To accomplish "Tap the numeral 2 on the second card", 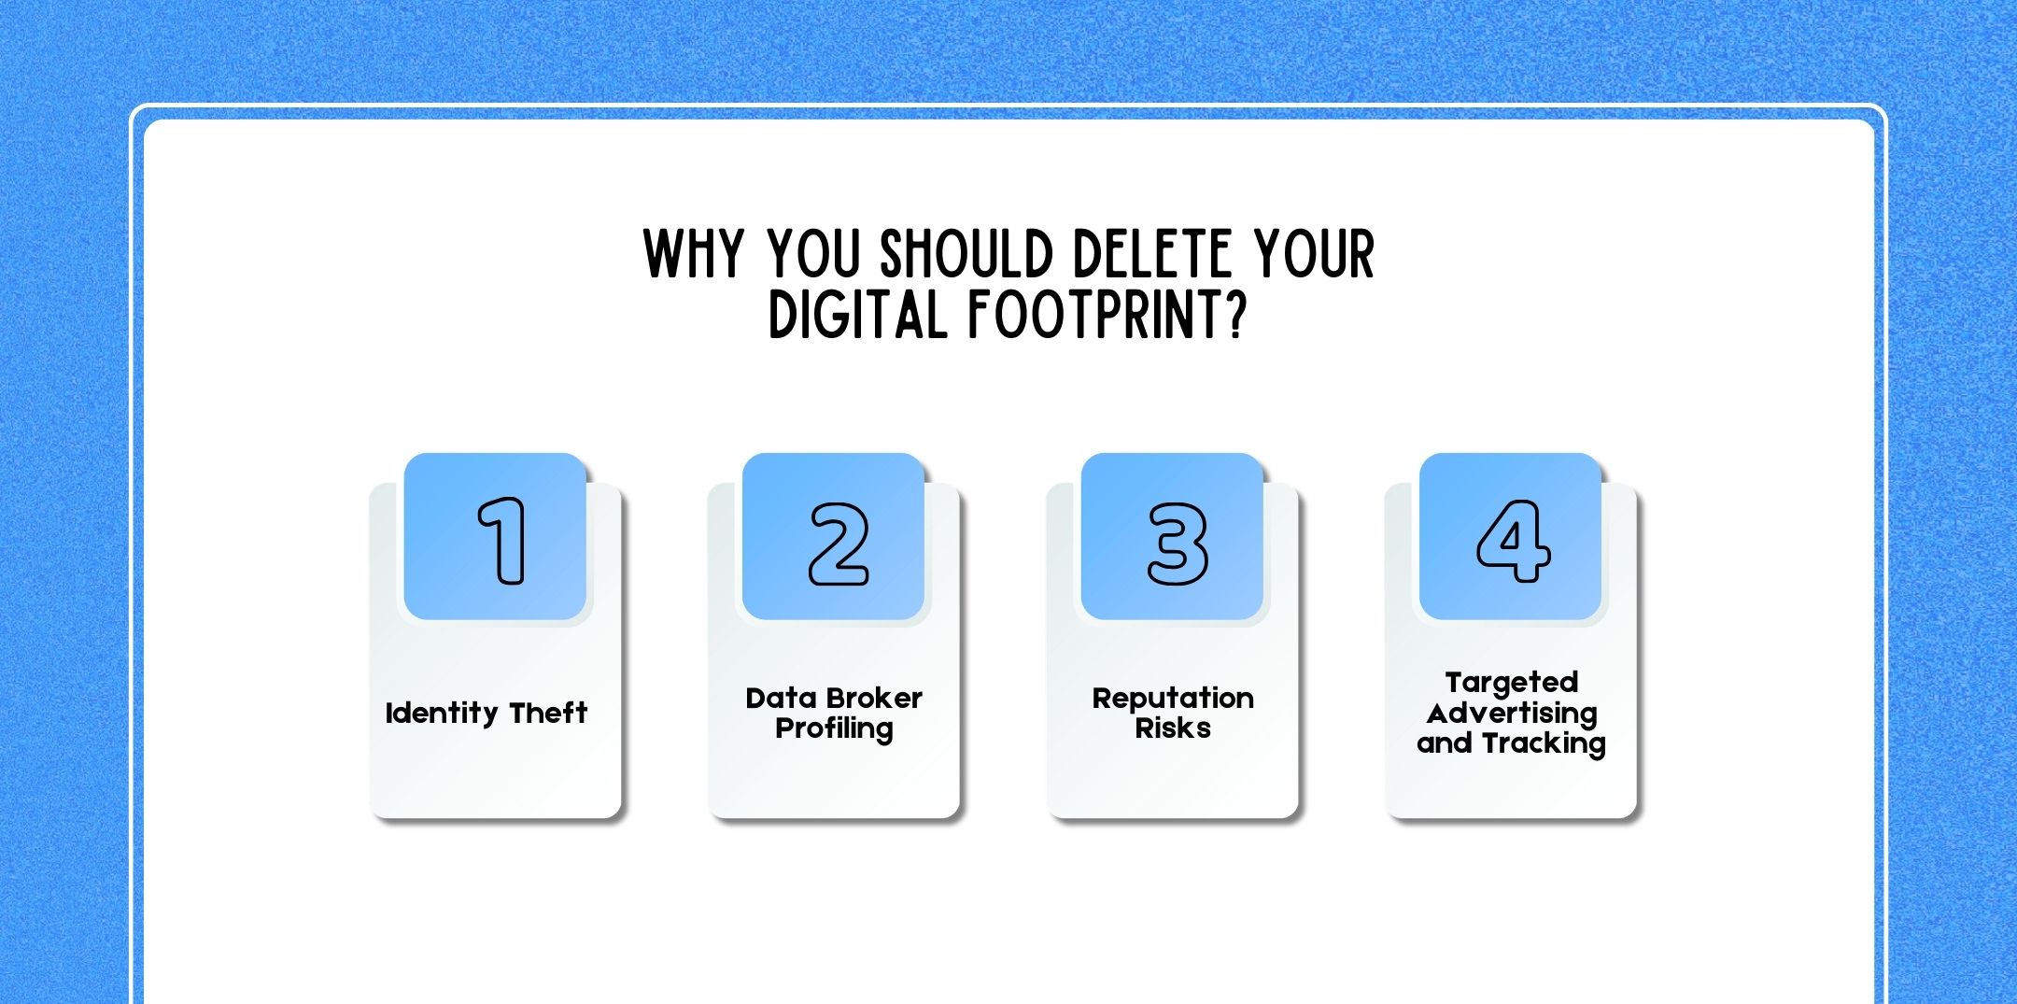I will coord(839,544).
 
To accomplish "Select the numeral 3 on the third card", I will coord(1178,544).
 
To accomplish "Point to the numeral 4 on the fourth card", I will coord(1513,541).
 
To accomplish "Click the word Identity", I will coord(442,714).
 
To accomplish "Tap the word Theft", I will coord(548,713).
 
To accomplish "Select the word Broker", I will coord(873,698).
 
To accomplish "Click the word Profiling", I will coord(834,728).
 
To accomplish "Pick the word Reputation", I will coord(1173,699).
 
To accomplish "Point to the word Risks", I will coord(1173,728).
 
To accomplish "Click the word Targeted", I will coord(1512,683).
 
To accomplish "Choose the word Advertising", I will coord(1512,714).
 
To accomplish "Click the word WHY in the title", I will coord(693,254).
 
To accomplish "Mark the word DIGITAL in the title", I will coord(857,315).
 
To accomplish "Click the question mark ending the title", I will coord(1237,315).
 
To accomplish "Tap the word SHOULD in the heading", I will coord(966,254).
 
